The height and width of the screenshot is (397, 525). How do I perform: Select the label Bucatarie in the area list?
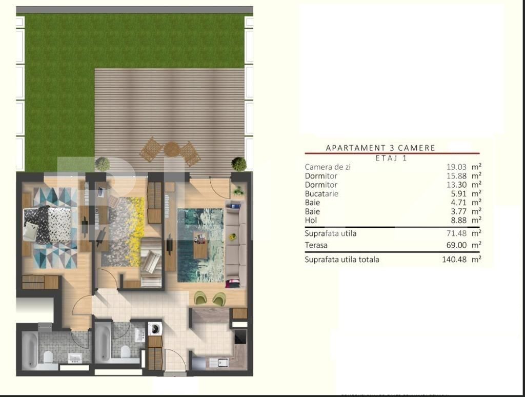pyautogui.click(x=321, y=194)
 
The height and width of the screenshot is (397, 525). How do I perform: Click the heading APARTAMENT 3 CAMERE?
pyautogui.click(x=380, y=148)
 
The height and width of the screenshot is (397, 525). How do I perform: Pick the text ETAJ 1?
pyautogui.click(x=391, y=158)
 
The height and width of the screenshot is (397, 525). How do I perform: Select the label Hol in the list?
pyautogui.click(x=311, y=221)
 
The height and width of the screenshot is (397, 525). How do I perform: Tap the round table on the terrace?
pyautogui.click(x=171, y=150)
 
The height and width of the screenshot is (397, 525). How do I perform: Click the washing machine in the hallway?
pyautogui.click(x=155, y=329)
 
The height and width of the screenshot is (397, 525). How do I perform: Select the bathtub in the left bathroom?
pyautogui.click(x=29, y=350)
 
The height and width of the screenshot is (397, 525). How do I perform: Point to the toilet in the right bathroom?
pyautogui.click(x=125, y=351)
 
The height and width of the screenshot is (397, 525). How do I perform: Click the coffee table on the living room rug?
pyautogui.click(x=200, y=245)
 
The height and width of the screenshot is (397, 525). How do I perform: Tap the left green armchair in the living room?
pyautogui.click(x=200, y=298)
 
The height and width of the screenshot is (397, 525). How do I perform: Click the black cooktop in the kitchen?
pyautogui.click(x=240, y=337)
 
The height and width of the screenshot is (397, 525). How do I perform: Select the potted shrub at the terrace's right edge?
pyautogui.click(x=238, y=164)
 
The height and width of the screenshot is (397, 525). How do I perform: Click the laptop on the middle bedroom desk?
pyautogui.click(x=101, y=192)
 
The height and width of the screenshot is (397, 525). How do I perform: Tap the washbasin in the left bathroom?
pyautogui.click(x=75, y=358)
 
